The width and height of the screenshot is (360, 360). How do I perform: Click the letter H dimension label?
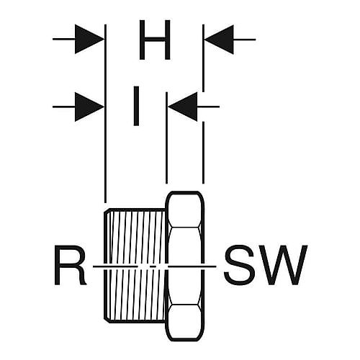pyautogui.click(x=155, y=40)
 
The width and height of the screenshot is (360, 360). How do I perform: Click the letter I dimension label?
pyautogui.click(x=136, y=106)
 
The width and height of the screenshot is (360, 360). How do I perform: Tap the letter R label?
pyautogui.click(x=70, y=265)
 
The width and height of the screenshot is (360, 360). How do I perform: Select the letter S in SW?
pyautogui.click(x=240, y=265)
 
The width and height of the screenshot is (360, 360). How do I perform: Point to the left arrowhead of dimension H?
pyautogui.click(x=89, y=39)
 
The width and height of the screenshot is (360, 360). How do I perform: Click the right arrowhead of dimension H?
pyautogui.click(x=219, y=40)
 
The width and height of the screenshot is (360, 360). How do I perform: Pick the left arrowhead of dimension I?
pyautogui.click(x=89, y=107)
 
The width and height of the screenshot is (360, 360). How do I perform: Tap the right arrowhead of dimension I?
pyautogui.click(x=183, y=107)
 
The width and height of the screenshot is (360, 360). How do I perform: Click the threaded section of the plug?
pyautogui.click(x=135, y=266)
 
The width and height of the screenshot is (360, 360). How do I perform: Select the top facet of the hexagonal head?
pyautogui.click(x=184, y=210)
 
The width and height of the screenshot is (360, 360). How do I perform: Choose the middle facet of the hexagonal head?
pyautogui.click(x=184, y=266)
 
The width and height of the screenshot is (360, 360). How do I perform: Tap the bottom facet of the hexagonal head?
pyautogui.click(x=184, y=323)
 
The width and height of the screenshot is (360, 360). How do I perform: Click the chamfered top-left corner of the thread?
pyautogui.click(x=107, y=211)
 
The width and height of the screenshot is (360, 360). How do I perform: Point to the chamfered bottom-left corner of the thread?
pyautogui.click(x=107, y=320)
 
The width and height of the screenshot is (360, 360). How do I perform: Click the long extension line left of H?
pyautogui.click(x=105, y=114)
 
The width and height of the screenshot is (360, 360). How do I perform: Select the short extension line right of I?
pyautogui.click(x=166, y=138)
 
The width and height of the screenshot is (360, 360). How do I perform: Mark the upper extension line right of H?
pyautogui.click(x=203, y=58)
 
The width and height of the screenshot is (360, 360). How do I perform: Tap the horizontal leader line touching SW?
pyautogui.click(x=192, y=266)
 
